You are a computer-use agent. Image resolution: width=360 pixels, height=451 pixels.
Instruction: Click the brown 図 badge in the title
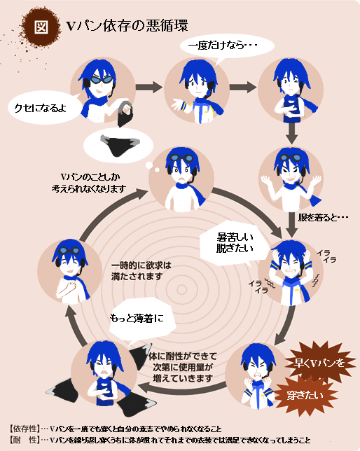(x=41, y=27)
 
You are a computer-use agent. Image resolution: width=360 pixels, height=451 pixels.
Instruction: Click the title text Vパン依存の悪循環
(x=127, y=26)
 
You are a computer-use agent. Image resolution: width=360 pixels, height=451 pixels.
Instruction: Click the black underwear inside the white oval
(x=120, y=145)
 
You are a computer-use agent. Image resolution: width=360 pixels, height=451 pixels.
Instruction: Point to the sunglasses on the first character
(x=102, y=79)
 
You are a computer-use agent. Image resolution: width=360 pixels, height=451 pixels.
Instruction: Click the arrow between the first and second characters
(x=149, y=87)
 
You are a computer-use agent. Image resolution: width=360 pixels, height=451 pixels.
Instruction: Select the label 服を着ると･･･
(x=323, y=217)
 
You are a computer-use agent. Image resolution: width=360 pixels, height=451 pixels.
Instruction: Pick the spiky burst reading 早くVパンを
(x=319, y=363)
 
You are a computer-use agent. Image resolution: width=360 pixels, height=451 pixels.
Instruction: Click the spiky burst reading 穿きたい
(x=305, y=396)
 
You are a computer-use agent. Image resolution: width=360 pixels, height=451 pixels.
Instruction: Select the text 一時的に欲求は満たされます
(x=141, y=271)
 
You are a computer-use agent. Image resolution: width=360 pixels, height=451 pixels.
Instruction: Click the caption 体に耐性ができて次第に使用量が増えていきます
(x=183, y=367)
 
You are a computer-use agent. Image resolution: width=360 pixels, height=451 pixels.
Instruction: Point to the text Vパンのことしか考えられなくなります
(x=89, y=183)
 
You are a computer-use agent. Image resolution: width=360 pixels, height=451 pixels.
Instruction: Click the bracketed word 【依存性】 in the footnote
(x=25, y=429)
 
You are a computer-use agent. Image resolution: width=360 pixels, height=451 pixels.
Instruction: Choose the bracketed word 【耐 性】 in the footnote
(x=25, y=440)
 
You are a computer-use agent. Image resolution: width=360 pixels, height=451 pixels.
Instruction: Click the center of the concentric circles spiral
(x=181, y=290)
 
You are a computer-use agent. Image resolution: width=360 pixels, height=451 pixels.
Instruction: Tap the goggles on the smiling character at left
(x=70, y=251)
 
